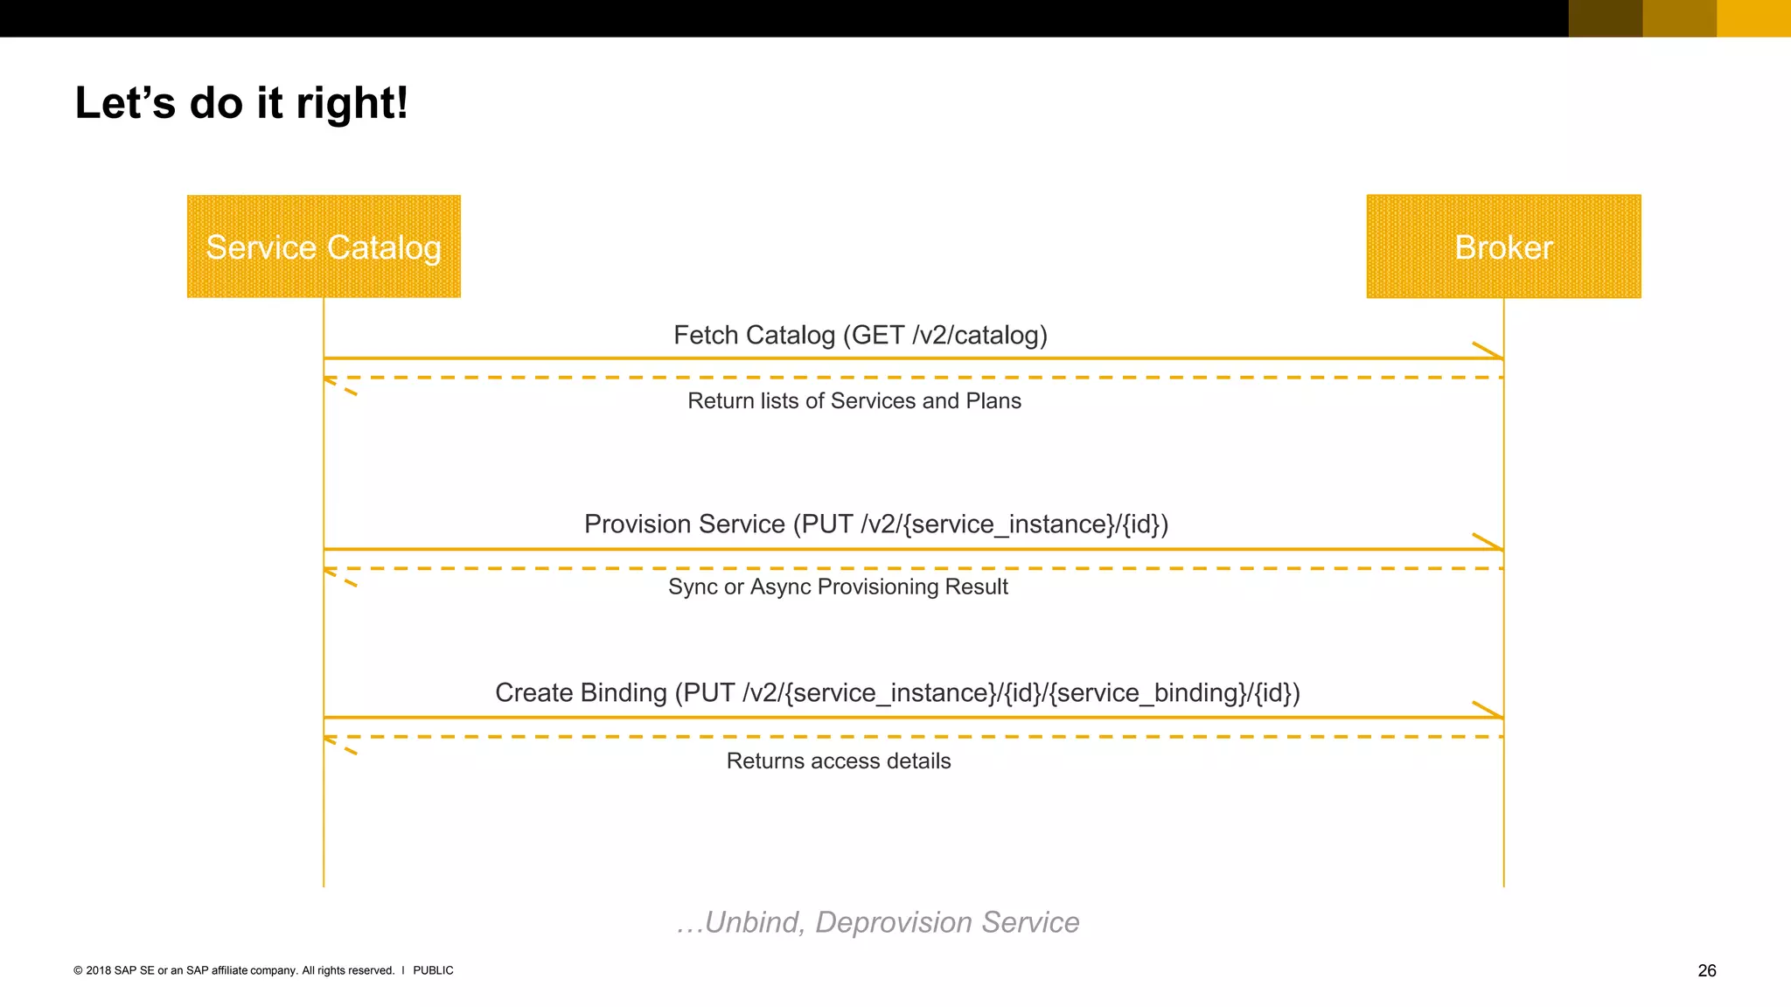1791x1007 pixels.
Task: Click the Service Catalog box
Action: click(x=324, y=247)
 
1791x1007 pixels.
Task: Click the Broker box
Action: click(x=1503, y=247)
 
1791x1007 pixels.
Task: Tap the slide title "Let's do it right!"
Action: click(x=241, y=103)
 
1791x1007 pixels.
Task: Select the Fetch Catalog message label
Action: click(x=860, y=335)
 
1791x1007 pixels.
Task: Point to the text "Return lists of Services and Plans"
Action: click(x=854, y=401)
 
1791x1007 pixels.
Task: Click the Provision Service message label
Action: click(x=875, y=524)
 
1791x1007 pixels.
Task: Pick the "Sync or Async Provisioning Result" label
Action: click(x=838, y=587)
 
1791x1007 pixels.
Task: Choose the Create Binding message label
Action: click(x=897, y=692)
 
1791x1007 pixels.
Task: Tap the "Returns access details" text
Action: click(x=838, y=761)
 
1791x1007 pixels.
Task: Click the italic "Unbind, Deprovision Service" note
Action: click(x=878, y=922)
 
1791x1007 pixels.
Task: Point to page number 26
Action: click(x=1706, y=970)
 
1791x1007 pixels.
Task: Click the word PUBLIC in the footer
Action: click(x=433, y=970)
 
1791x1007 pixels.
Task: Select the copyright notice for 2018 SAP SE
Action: click(x=233, y=970)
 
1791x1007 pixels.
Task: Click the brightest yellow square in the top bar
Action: click(x=1753, y=18)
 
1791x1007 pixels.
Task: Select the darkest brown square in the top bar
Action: click(x=1606, y=18)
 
